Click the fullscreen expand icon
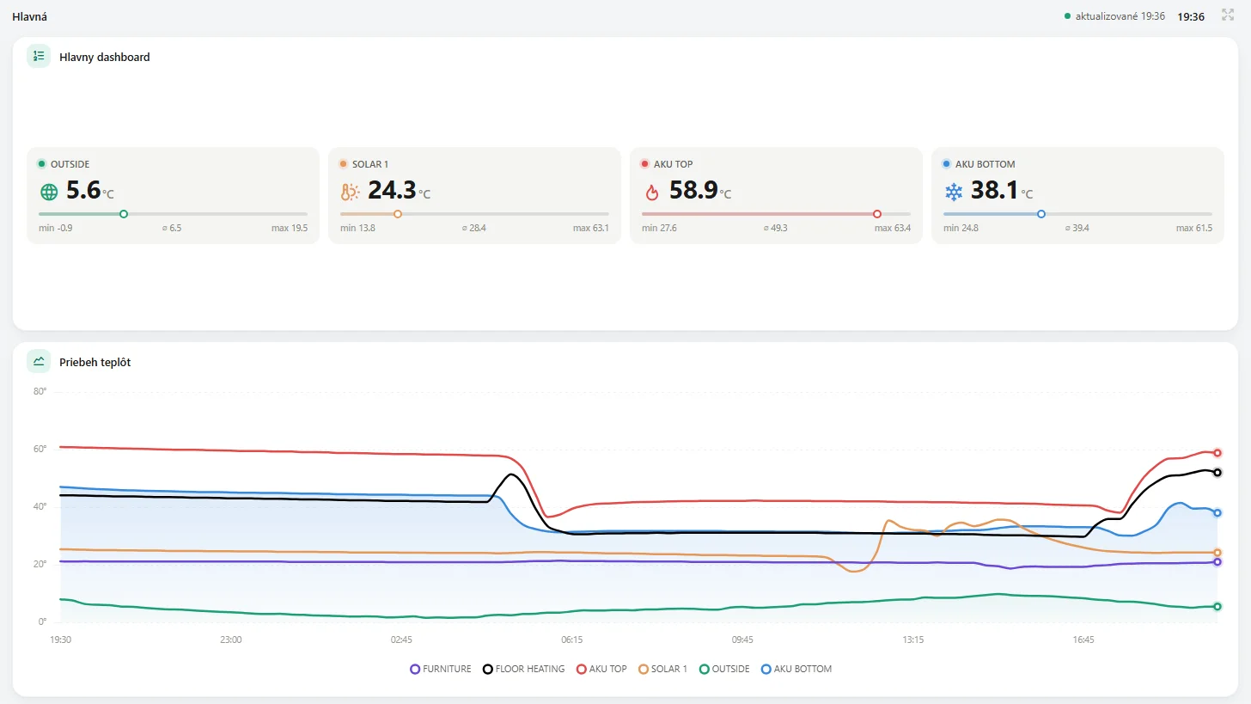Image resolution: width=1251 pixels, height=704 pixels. click(x=1228, y=15)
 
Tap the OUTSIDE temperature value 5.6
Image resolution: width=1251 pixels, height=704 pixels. click(x=83, y=190)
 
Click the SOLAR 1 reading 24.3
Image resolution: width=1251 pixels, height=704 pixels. click(x=392, y=190)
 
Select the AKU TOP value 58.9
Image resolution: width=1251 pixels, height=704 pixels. click(x=693, y=190)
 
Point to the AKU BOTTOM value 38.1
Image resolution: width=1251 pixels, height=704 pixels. click(x=994, y=190)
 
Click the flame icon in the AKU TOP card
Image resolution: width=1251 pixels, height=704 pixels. click(x=652, y=193)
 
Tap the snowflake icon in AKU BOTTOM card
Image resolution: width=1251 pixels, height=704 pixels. click(x=954, y=193)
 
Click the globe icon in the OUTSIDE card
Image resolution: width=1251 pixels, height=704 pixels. click(x=49, y=193)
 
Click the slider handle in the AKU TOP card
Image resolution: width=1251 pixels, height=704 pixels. click(x=876, y=214)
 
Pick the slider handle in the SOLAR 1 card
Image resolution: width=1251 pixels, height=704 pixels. click(x=398, y=214)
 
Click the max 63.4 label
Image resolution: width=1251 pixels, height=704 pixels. click(x=893, y=228)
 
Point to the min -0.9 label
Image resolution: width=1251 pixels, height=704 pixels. click(x=55, y=228)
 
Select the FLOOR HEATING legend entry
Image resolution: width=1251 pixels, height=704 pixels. click(x=524, y=669)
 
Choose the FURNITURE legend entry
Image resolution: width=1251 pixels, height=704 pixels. click(x=441, y=669)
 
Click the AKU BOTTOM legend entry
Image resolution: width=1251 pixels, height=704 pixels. click(x=796, y=669)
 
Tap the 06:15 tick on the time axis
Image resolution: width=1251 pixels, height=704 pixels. click(x=572, y=640)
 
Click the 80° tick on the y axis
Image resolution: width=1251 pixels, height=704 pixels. click(x=40, y=391)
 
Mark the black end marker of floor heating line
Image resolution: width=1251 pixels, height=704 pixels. click(x=1217, y=473)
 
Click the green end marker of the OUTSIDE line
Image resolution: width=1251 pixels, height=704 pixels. click(x=1217, y=607)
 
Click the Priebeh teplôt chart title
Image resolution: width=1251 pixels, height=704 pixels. click(x=95, y=362)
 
